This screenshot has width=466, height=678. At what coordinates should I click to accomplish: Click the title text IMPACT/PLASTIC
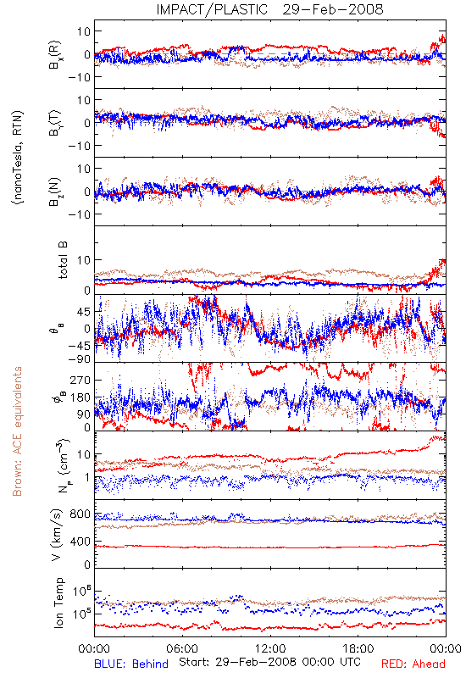[x=212, y=9]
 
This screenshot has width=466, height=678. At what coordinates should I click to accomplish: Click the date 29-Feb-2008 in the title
[x=333, y=9]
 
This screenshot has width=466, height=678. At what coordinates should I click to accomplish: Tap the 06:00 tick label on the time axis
[x=182, y=648]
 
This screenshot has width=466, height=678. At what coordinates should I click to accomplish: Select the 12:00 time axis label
[x=270, y=648]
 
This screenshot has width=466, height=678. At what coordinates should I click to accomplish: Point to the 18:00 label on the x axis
[x=358, y=648]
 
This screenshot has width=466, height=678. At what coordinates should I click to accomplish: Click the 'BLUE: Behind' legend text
[x=131, y=664]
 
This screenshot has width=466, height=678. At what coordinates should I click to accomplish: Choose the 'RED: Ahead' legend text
[x=413, y=664]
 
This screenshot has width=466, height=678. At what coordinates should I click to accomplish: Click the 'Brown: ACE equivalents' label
[x=17, y=431]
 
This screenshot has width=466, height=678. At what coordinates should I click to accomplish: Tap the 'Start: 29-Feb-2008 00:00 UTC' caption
[x=269, y=662]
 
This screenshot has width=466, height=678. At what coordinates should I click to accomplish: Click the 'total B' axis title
[x=63, y=260]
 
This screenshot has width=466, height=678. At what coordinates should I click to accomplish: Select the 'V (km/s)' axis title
[x=57, y=535]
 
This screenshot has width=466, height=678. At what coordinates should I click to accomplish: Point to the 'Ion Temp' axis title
[x=58, y=603]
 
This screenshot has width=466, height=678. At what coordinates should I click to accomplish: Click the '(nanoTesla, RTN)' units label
[x=18, y=158]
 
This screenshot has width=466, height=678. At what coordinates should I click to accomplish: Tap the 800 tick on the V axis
[x=80, y=514]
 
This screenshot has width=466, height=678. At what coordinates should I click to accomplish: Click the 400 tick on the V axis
[x=80, y=541]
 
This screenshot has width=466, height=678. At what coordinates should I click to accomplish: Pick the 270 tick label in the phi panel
[x=80, y=380]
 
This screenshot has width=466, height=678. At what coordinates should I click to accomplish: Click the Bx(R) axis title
[x=55, y=55]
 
